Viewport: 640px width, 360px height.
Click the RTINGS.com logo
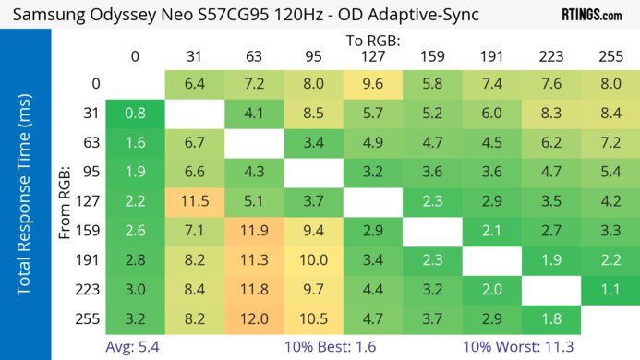pyautogui.click(x=591, y=15)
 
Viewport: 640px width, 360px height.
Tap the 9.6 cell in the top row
pyautogui.click(x=372, y=83)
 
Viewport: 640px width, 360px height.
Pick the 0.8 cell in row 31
pyautogui.click(x=135, y=113)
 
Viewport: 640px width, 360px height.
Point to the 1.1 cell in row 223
pyautogui.click(x=610, y=290)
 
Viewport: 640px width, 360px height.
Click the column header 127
pyautogui.click(x=372, y=56)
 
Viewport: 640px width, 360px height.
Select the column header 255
pyautogui.click(x=610, y=56)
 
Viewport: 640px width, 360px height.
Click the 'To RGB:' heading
pyautogui.click(x=372, y=41)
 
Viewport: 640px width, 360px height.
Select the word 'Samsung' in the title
pyautogui.click(x=46, y=16)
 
